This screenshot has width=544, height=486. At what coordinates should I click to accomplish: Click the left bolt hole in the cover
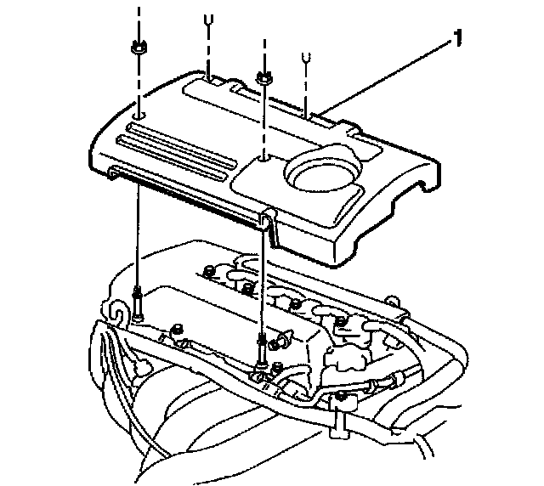139,112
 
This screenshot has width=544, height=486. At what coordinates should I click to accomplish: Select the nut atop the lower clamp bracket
340,397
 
